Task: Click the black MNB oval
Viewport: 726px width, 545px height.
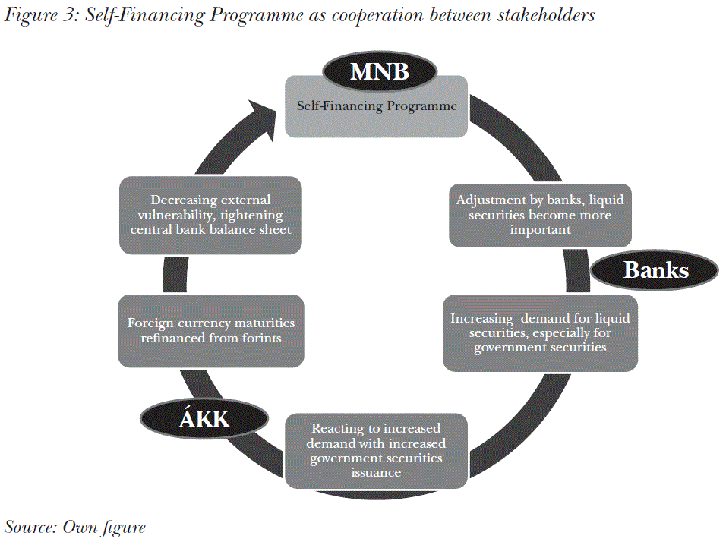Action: (x=380, y=72)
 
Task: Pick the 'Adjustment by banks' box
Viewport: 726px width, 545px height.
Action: (x=540, y=215)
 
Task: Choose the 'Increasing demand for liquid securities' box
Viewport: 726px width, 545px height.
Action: (x=540, y=332)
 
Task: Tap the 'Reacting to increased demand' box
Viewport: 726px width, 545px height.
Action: (x=378, y=450)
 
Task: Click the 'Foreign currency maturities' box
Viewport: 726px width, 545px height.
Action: (x=211, y=331)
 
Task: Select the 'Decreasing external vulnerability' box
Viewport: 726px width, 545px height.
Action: (x=210, y=215)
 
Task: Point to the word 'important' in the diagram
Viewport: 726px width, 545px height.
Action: (x=540, y=229)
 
